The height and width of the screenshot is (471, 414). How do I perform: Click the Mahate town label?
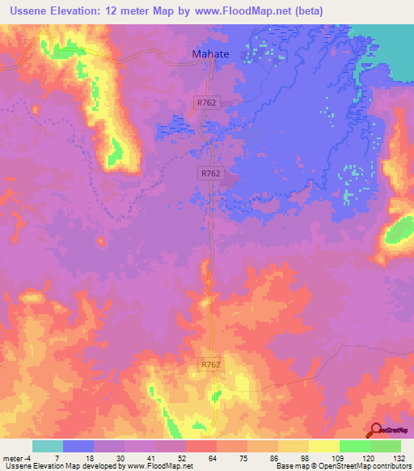[210, 54]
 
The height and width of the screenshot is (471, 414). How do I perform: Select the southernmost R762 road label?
[211, 367]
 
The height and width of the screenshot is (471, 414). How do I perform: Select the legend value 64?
[188, 458]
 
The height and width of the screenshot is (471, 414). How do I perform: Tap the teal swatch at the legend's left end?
[48, 446]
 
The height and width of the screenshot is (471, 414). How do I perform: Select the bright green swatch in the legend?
[355, 446]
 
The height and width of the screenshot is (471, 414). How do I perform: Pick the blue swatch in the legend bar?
[78, 446]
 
